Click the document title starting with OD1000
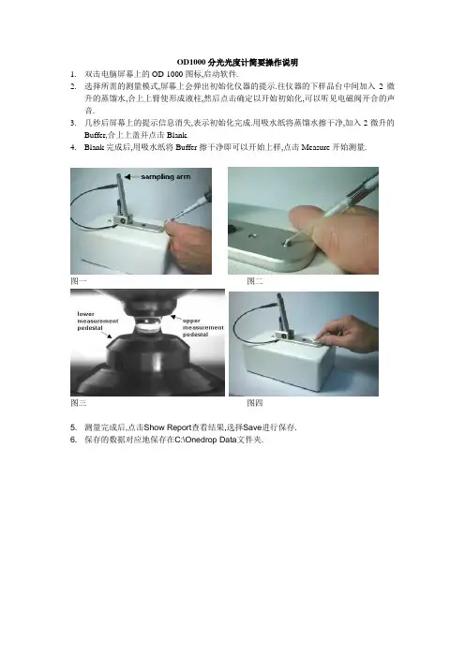point(237,63)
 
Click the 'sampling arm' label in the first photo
point(165,176)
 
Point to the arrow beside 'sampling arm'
point(131,176)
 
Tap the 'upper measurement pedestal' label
point(203,327)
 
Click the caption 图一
point(79,281)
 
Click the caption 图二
point(255,281)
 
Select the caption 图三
point(79,403)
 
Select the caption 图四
point(255,403)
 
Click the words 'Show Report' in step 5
point(168,427)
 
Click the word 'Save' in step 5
point(252,427)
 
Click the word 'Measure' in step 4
point(315,147)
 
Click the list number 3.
point(73,123)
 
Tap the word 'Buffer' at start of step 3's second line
point(95,135)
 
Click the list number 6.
point(73,440)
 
